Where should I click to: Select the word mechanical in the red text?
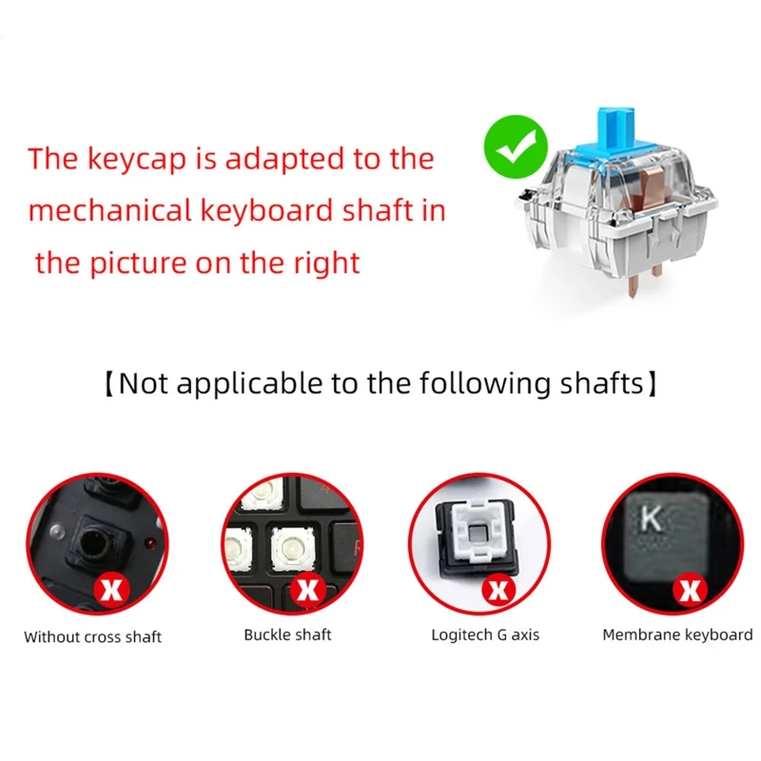pyautogui.click(x=98, y=210)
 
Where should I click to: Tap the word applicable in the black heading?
pyautogui.click(x=236, y=384)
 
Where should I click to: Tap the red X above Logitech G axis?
pyautogui.click(x=498, y=590)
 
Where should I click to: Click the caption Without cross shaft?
pyautogui.click(x=93, y=636)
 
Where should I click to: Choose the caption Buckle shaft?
pyautogui.click(x=288, y=634)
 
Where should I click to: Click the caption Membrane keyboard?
pyautogui.click(x=677, y=634)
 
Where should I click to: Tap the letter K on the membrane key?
pyautogui.click(x=652, y=518)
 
